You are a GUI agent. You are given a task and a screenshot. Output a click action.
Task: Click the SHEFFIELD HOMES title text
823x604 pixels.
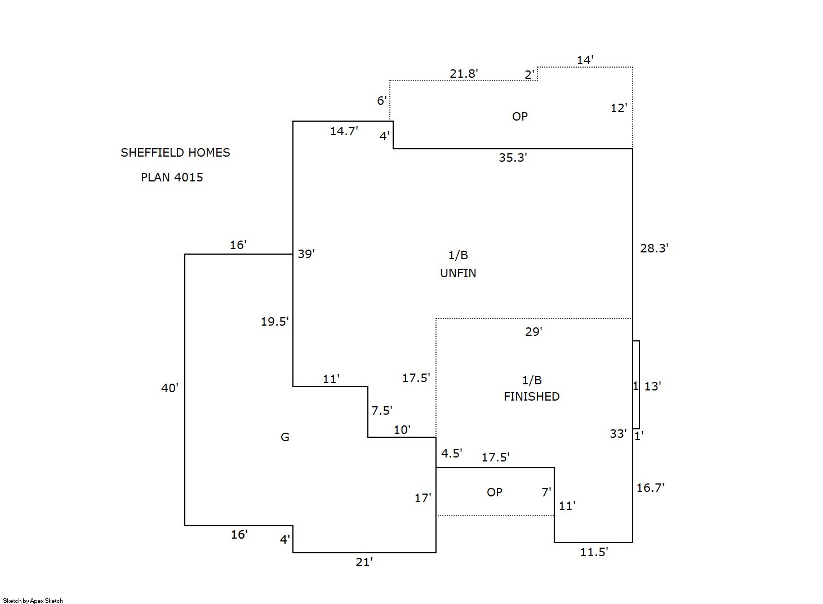175,153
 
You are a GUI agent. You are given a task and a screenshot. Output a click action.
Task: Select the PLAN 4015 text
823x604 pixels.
172,177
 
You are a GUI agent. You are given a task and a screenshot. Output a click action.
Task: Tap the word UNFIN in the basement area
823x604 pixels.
458,273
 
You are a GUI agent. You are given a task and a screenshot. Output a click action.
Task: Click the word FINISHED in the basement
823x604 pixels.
531,397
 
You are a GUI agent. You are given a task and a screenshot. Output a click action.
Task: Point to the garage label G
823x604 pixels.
285,437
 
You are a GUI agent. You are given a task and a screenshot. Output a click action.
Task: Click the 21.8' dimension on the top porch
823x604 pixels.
464,74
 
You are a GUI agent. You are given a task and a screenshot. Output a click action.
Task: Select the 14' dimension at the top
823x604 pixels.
585,60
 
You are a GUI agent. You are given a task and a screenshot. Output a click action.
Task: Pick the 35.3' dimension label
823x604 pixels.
513,158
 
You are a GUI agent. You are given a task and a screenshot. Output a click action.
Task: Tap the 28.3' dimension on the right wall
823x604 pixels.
654,248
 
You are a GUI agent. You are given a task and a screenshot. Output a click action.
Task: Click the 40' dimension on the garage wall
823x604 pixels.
170,388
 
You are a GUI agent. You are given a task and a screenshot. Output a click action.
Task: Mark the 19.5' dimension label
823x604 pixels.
274,322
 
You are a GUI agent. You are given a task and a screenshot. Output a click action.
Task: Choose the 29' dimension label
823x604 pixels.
533,332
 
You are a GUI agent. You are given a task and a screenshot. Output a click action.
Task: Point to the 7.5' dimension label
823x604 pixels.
381,411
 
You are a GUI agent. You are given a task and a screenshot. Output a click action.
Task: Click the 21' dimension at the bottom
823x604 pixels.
364,562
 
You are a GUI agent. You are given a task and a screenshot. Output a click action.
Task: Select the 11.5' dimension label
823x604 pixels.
594,552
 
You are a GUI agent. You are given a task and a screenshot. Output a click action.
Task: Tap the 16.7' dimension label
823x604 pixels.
650,488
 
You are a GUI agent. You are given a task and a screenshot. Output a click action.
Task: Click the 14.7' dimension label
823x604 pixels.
344,131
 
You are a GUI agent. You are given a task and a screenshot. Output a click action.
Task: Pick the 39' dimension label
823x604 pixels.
306,254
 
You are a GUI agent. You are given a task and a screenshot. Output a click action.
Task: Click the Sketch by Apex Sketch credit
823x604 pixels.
33,601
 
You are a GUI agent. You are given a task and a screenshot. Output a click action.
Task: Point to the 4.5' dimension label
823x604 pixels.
451,454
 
